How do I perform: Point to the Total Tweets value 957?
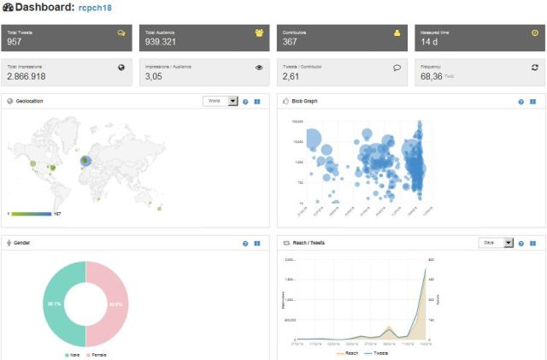coord(15,41)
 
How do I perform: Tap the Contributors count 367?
coord(291,41)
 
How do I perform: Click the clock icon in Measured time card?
coord(534,32)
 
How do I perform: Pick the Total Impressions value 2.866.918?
coord(26,76)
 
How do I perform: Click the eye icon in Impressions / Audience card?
coord(259,66)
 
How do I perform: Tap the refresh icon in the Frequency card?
coord(534,66)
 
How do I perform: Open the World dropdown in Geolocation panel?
coord(221,101)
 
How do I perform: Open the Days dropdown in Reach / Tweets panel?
coord(497,243)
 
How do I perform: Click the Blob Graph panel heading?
coord(309,101)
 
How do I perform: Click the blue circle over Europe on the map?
coord(85,160)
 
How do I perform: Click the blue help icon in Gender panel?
coord(245,243)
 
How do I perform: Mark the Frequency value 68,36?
coord(432,76)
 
